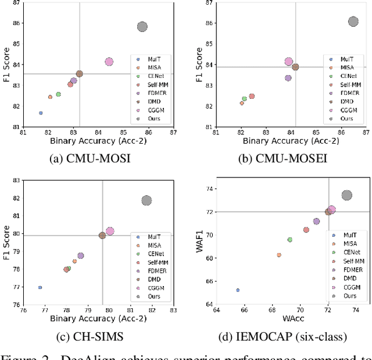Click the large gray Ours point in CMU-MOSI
tap(142, 27)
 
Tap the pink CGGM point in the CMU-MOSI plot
tap(109, 62)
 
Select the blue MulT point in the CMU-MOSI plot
tap(41, 113)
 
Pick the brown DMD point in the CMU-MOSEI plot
tap(295, 67)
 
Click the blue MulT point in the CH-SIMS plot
tap(40, 287)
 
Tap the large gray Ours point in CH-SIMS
tap(146, 201)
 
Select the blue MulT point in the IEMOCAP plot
tap(238, 290)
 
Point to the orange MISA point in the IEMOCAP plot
tap(279, 255)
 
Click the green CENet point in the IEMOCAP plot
tap(289, 240)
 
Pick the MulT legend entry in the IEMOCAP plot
tap(349, 235)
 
